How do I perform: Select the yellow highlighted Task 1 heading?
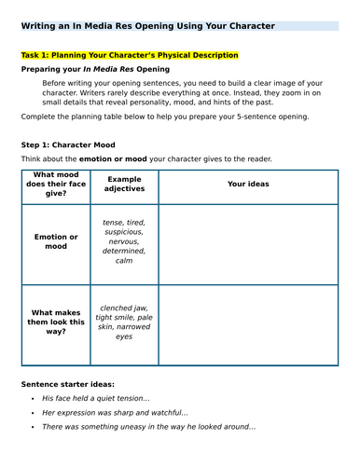130,56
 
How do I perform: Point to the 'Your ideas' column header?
248,184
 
